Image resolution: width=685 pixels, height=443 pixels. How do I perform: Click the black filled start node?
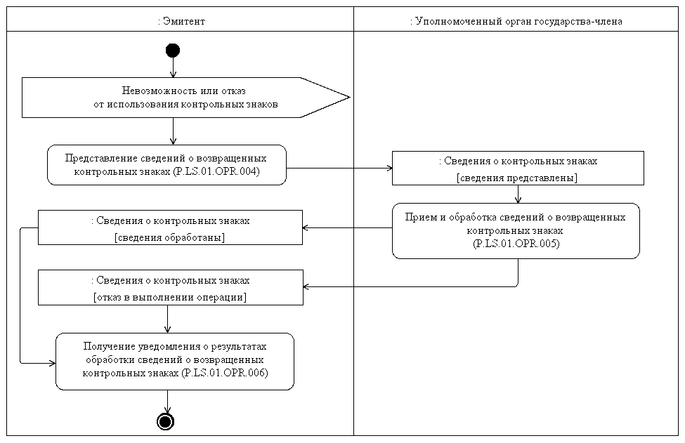point(172,50)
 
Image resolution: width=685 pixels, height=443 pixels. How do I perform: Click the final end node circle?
point(166,421)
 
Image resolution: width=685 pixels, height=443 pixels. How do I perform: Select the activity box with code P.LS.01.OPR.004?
point(167,165)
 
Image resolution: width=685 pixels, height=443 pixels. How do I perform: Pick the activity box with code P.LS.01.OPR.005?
point(515,231)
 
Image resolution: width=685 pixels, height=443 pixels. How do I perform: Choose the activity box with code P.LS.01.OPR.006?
point(174,361)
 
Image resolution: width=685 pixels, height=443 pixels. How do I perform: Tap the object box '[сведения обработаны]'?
point(169,227)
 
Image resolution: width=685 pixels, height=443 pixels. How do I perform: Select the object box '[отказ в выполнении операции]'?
point(169,288)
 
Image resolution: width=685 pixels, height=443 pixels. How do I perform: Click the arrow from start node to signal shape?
point(172,67)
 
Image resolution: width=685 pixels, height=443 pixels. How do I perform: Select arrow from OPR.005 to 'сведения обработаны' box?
point(347,228)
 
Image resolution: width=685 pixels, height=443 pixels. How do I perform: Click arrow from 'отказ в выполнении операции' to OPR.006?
point(168,319)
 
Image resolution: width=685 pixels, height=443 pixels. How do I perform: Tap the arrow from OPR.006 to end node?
point(167,401)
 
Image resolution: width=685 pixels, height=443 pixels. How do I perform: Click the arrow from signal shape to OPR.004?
point(172,131)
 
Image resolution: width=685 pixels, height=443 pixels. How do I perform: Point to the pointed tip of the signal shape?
point(348,97)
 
